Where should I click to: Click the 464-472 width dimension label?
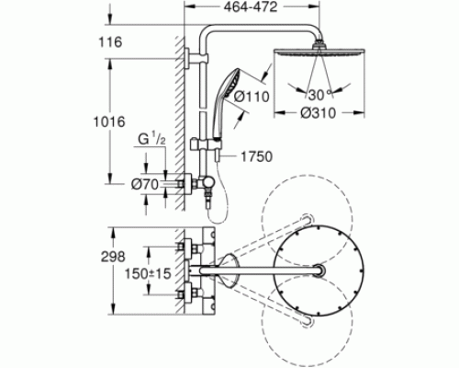[251, 7]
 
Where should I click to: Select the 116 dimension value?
[110, 41]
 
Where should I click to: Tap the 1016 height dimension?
[109, 122]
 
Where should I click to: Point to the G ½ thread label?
[151, 139]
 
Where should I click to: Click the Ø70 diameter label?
[145, 184]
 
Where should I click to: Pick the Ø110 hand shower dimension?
[252, 97]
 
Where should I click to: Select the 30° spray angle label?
[319, 95]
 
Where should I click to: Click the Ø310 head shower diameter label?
[319, 113]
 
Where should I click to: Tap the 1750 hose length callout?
[256, 156]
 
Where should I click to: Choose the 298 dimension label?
[113, 257]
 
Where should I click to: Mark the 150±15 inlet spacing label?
[148, 273]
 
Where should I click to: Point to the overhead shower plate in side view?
[319, 52]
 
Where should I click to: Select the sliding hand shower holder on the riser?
[206, 144]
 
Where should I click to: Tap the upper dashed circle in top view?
[308, 220]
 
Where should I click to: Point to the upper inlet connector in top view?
[190, 247]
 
